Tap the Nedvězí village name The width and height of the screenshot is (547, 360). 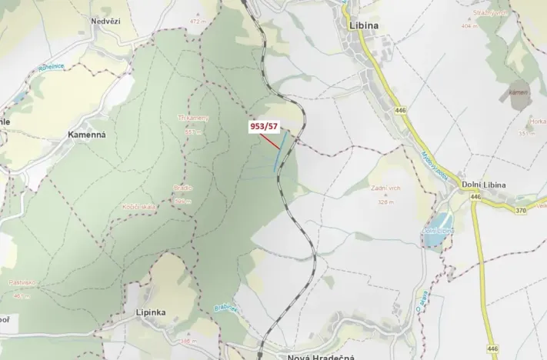point(106,22)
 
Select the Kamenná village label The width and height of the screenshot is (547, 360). point(87,134)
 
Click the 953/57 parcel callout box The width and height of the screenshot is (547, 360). point(263,125)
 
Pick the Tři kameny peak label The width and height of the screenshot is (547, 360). point(193,118)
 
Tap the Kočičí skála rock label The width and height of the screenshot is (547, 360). point(139,207)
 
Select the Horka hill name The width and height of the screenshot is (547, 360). point(538,121)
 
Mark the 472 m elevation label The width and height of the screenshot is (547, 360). point(198,22)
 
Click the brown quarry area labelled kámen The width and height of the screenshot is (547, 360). point(519,94)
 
